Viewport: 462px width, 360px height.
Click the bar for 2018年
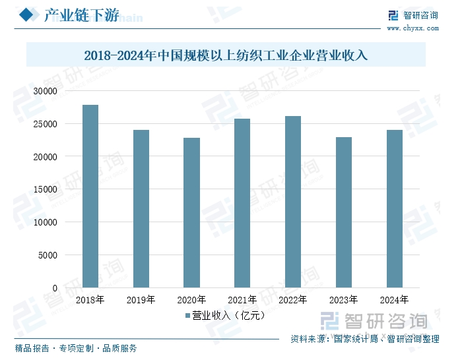(x=90, y=196)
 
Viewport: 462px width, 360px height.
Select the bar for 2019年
(x=141, y=209)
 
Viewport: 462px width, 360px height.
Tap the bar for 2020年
(x=192, y=213)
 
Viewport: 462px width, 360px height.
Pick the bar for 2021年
(x=242, y=203)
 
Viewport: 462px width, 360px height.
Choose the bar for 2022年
(x=293, y=202)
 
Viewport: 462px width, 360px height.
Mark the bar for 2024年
(x=395, y=209)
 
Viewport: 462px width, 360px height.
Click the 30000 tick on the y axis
(x=46, y=91)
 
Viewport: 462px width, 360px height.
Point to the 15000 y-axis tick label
(x=46, y=189)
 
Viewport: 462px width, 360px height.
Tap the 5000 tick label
(x=49, y=255)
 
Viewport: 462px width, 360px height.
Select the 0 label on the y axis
(x=55, y=288)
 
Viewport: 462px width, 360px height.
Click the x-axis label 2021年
(x=242, y=300)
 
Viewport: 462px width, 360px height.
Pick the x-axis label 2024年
(x=395, y=300)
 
